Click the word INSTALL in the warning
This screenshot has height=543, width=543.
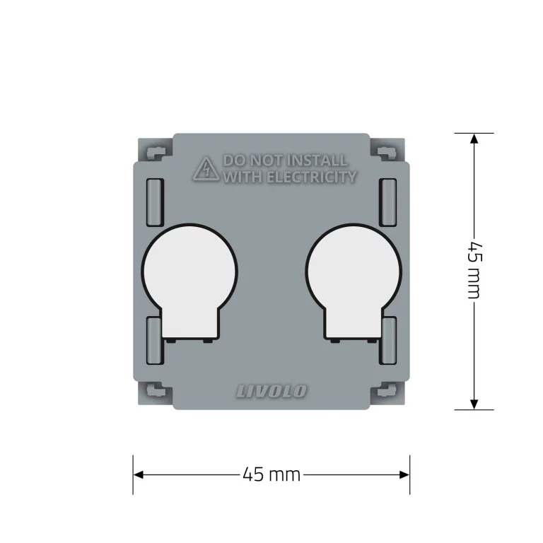(x=317, y=160)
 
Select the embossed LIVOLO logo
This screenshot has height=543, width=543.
(x=271, y=391)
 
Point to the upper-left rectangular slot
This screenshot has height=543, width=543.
(x=155, y=203)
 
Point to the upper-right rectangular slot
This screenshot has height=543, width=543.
(x=388, y=203)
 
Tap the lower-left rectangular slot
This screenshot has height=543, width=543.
(x=154, y=340)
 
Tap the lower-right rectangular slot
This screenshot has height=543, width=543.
(x=388, y=340)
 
